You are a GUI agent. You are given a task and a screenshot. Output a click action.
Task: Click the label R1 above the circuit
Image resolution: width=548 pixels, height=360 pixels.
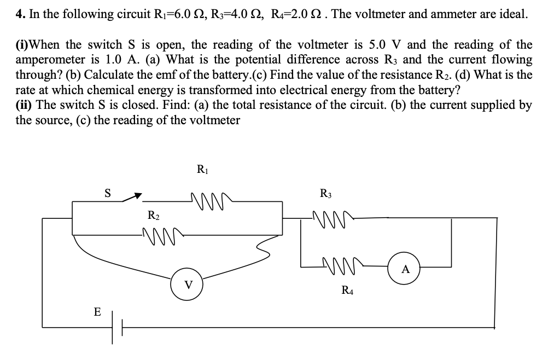point(201,169)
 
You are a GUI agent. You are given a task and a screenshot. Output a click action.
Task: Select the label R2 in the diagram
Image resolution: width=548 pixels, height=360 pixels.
point(154,215)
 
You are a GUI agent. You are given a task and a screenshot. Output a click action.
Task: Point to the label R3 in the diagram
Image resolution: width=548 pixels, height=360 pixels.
point(325,194)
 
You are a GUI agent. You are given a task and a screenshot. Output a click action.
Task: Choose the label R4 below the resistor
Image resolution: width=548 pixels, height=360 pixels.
point(347,291)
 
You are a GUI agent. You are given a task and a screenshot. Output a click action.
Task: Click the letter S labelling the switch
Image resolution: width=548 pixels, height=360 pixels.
point(108,193)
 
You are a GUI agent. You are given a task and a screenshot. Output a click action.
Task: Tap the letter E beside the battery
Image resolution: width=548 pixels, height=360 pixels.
point(97,312)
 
